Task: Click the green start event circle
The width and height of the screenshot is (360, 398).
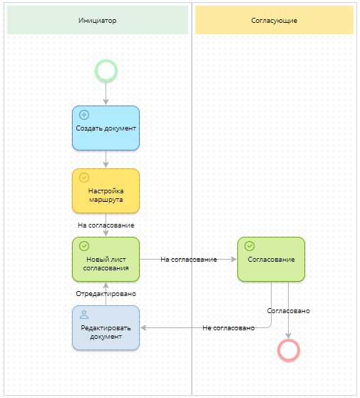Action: click(x=106, y=71)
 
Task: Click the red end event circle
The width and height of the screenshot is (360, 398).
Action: click(x=289, y=349)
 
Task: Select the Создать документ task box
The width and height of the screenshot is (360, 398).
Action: click(x=106, y=128)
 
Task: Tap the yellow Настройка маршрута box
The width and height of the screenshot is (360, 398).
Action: click(x=106, y=191)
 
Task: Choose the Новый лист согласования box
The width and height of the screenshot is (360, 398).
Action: click(x=106, y=260)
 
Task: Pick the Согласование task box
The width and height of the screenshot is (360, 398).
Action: click(x=271, y=260)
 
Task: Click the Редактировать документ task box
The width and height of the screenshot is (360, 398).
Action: click(x=106, y=328)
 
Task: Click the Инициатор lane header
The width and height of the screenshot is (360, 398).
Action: click(x=98, y=21)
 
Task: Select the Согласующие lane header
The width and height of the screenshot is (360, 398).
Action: click(x=274, y=21)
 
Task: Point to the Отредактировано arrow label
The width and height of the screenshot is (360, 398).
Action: click(x=106, y=293)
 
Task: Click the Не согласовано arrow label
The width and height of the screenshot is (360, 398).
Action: click(x=228, y=328)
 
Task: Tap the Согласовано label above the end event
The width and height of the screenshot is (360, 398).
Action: click(x=288, y=311)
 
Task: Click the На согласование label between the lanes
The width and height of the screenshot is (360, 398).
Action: click(x=188, y=260)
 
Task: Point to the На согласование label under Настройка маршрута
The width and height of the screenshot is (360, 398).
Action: click(x=106, y=225)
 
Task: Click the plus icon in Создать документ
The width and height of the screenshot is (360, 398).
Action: click(x=84, y=114)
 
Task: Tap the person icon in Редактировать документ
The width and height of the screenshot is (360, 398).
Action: click(x=84, y=314)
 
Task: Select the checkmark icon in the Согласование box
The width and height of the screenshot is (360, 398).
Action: click(x=250, y=245)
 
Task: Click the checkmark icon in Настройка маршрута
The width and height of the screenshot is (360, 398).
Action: click(x=84, y=177)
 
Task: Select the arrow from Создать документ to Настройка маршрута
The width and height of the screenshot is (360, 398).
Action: click(x=106, y=159)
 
